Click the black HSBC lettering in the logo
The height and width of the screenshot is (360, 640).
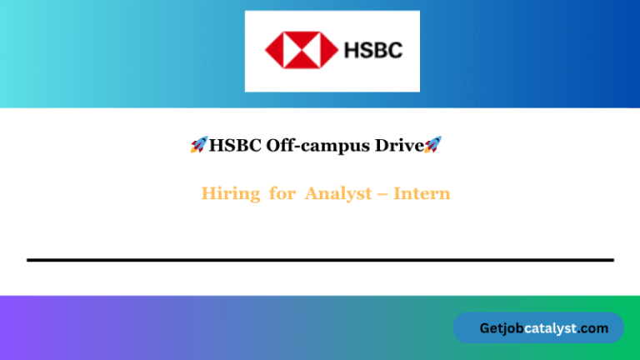tap(372, 50)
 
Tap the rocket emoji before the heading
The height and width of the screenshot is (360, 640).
tap(198, 145)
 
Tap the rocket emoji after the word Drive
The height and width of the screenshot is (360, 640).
tap(432, 145)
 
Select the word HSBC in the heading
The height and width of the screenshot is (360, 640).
tap(236, 145)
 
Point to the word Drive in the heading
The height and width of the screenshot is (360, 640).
tap(397, 145)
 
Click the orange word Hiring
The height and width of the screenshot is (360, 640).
tap(230, 194)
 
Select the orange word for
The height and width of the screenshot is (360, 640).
tap(282, 194)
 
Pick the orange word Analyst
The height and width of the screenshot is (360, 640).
tap(337, 194)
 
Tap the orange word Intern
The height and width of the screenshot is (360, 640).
tap(422, 194)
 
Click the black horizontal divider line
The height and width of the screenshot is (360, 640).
tap(320, 260)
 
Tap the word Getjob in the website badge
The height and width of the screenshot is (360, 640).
tap(502, 328)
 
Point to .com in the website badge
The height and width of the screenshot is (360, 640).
tap(593, 328)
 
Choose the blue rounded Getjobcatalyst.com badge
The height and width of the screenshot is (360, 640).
tap(537, 327)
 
